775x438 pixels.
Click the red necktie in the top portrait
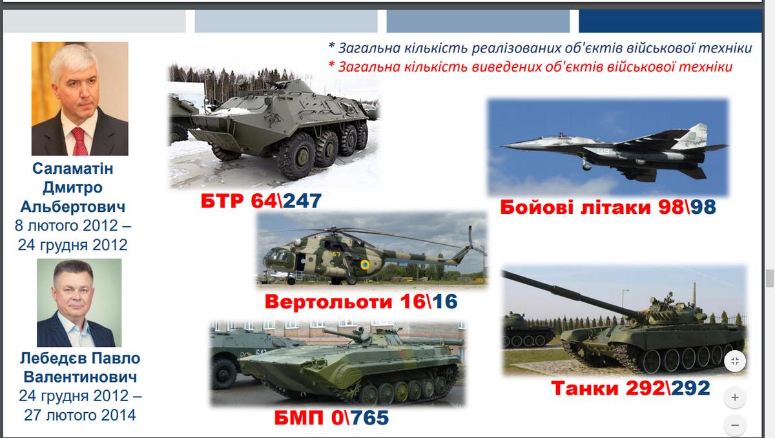tap(79, 141)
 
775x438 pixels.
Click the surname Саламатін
tap(72, 169)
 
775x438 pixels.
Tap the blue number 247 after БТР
tap(302, 201)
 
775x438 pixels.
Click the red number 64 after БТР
tap(263, 201)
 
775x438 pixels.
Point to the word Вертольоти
tap(328, 302)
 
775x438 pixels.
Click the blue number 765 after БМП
tap(369, 417)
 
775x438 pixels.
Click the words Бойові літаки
tap(575, 207)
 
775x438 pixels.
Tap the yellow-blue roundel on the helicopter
tap(365, 265)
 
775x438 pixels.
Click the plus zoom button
tap(735, 397)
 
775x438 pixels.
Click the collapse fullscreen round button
tap(735, 361)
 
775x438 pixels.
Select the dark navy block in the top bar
tap(670, 21)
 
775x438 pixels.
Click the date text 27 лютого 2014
tap(80, 415)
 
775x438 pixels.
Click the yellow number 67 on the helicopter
tap(336, 255)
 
